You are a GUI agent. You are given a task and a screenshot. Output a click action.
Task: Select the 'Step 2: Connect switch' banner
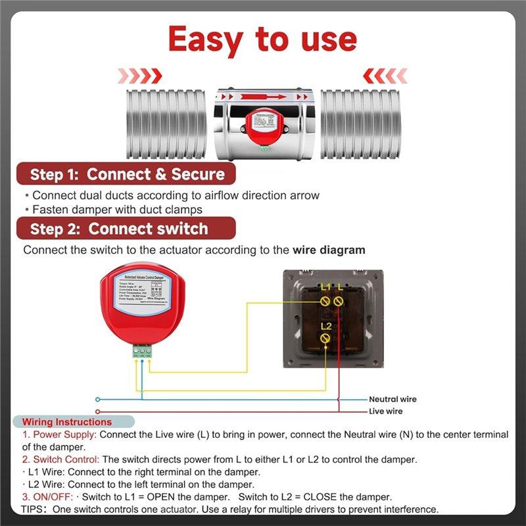point(118,229)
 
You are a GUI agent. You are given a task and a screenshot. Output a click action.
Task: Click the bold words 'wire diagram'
point(329,250)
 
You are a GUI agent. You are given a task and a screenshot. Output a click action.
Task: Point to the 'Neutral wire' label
point(393,399)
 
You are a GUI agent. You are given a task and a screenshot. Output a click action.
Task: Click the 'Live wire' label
point(385,411)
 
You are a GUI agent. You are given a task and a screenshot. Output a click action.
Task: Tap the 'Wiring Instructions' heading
point(67,422)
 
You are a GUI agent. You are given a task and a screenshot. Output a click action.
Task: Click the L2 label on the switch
point(326,325)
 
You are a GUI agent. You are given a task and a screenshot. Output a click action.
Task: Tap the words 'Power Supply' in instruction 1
point(64,435)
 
